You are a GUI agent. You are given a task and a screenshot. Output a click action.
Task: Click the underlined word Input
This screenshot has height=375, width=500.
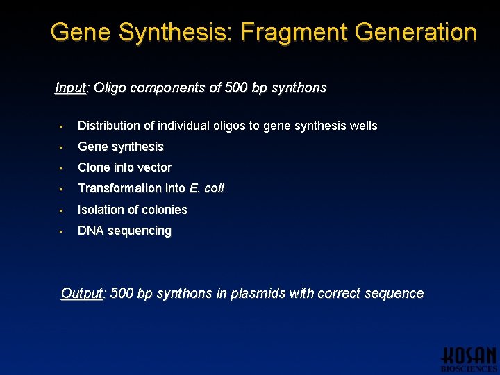pyautogui.click(x=71, y=88)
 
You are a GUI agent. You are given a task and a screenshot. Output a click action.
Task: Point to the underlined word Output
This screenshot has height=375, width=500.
pyautogui.click(x=81, y=294)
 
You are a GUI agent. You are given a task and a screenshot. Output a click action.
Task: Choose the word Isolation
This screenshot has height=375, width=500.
pyautogui.click(x=101, y=210)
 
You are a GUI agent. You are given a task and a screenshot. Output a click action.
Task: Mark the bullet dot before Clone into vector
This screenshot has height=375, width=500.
pyautogui.click(x=61, y=168)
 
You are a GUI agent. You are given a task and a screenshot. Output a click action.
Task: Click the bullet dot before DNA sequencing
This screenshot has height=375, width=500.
pyautogui.click(x=61, y=231)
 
